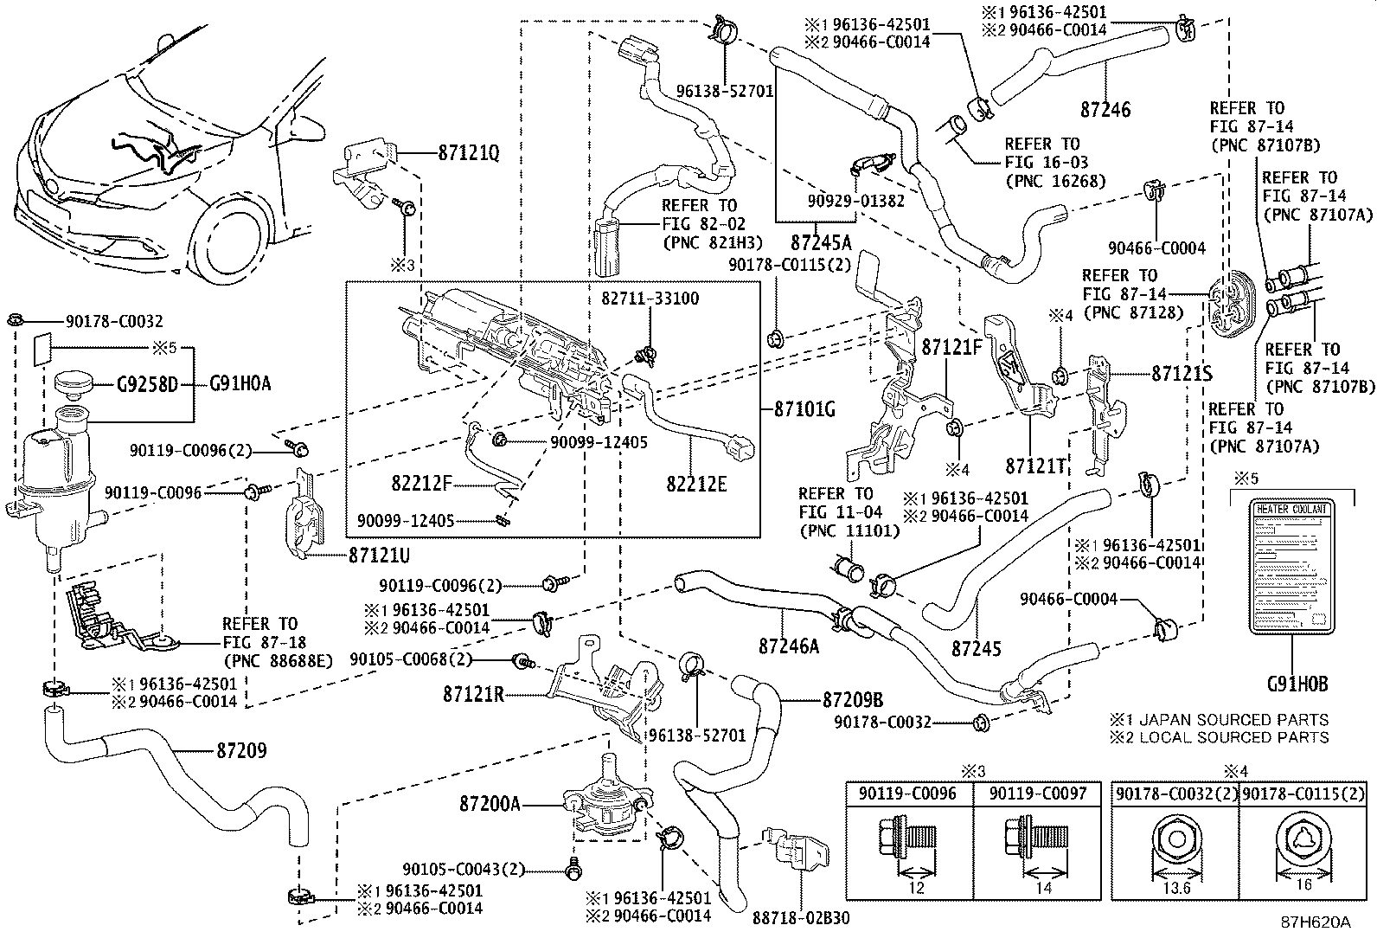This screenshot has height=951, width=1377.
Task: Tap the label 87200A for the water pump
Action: pyautogui.click(x=490, y=805)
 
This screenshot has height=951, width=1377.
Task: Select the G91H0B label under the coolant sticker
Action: pyautogui.click(x=1297, y=684)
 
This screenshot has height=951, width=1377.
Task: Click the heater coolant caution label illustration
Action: pyautogui.click(x=1290, y=566)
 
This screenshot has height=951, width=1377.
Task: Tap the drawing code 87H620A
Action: pyautogui.click(x=1316, y=922)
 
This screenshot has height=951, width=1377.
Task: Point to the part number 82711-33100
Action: pyautogui.click(x=650, y=299)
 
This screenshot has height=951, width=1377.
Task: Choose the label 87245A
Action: pyautogui.click(x=820, y=242)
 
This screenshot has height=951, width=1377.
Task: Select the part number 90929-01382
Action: pyautogui.click(x=857, y=201)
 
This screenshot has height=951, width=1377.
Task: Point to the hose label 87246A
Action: pyautogui.click(x=788, y=646)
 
